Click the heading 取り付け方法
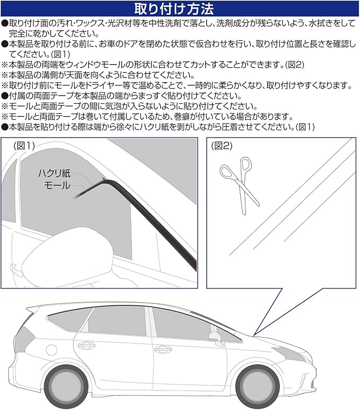point(179,9)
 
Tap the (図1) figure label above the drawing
point(23,145)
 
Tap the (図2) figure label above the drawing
point(222,145)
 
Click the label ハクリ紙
point(56,173)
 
